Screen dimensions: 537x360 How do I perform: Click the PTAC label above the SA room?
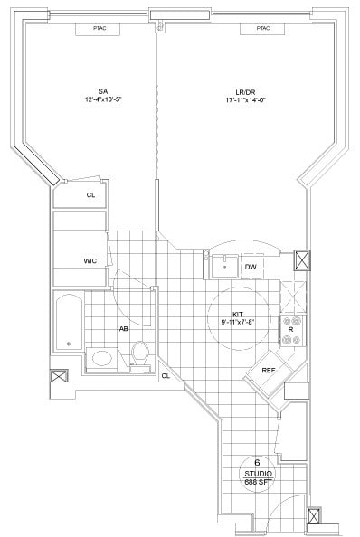coord(99,28)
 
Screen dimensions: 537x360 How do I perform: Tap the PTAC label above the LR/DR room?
coord(262,28)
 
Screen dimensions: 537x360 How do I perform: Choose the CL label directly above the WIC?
coord(90,194)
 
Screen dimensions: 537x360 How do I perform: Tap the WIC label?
coord(90,261)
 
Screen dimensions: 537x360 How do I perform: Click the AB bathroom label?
coord(122,329)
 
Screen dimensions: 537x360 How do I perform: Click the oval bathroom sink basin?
coord(102,358)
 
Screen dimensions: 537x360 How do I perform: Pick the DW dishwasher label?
coord(251,267)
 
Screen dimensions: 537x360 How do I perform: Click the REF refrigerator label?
coord(269,371)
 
